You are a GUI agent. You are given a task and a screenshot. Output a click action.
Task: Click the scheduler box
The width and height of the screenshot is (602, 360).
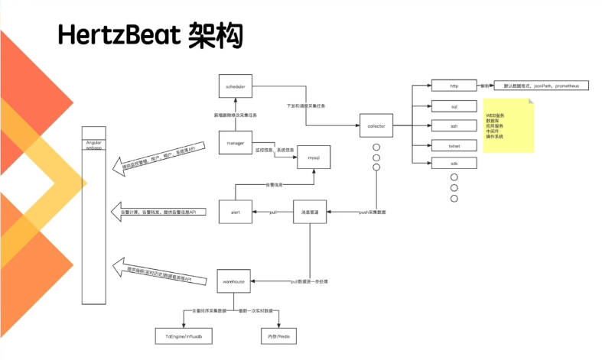[235, 87]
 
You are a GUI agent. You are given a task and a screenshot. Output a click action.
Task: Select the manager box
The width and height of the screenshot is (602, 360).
[235, 143]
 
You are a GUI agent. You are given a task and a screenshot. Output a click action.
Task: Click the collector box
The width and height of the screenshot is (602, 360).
[376, 125]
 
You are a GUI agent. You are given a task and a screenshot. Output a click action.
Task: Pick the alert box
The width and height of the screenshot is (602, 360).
[235, 211]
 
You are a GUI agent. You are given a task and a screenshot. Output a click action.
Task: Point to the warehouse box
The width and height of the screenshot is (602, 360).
[235, 282]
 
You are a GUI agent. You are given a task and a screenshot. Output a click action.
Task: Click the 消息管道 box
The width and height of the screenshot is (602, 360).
[311, 211]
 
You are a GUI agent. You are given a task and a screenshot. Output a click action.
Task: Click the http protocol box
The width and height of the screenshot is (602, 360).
[453, 86]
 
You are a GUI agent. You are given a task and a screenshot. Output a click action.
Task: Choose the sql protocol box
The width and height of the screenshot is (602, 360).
[453, 105]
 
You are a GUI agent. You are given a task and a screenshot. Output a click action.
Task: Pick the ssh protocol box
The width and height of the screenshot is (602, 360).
[453, 125]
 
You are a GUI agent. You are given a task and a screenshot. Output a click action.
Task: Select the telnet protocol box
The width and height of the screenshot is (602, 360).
[453, 144]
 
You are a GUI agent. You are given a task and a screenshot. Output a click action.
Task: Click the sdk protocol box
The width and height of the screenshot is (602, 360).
[453, 164]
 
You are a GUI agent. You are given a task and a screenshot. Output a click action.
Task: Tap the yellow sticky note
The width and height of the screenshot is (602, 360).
[506, 128]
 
